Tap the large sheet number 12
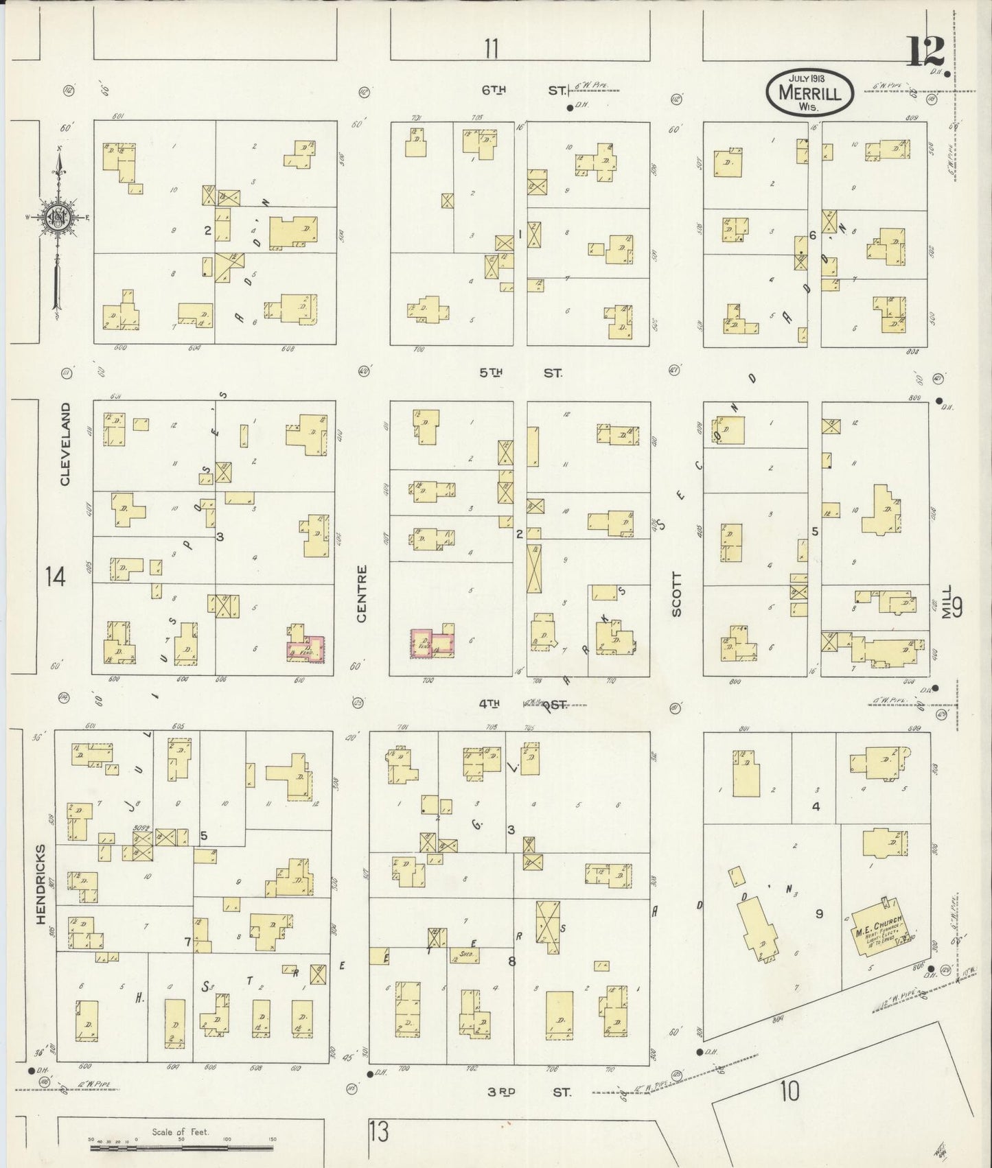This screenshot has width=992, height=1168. pos(925,51)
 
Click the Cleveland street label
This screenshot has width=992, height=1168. pos(65,444)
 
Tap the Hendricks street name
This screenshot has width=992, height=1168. pos(40,883)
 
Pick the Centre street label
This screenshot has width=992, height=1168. pos(362,594)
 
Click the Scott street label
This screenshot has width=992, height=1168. pos(677,594)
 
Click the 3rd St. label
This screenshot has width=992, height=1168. pos(529,1092)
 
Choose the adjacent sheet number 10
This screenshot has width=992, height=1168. pos(789,1090)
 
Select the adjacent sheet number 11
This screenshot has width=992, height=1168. pos(490,49)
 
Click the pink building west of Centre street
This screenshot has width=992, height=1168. pos(305,648)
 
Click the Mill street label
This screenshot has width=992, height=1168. pos(947,602)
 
